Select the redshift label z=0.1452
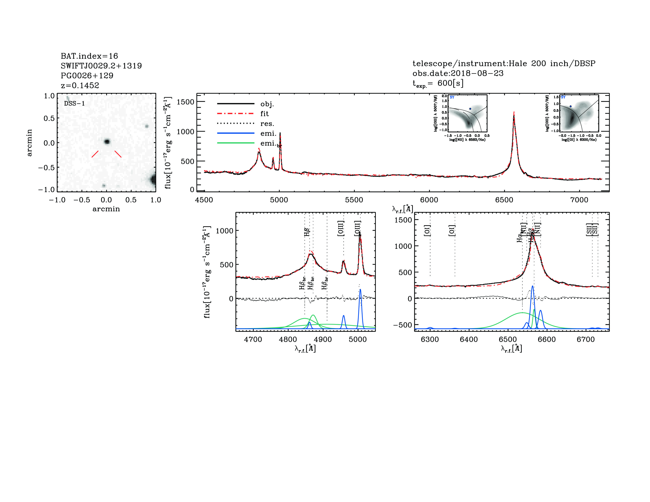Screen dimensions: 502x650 point(80,85)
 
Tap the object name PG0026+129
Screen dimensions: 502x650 point(87,76)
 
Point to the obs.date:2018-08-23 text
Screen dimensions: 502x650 point(458,73)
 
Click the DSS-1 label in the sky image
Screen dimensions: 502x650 point(74,104)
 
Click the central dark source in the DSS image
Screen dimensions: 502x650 point(107,142)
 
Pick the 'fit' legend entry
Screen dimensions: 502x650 point(264,114)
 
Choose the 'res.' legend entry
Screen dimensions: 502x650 point(267,124)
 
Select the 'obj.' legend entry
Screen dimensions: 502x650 point(267,104)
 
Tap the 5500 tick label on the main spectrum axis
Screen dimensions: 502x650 point(354,200)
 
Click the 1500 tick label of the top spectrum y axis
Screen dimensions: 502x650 point(185,102)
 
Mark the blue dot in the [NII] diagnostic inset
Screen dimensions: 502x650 point(470,109)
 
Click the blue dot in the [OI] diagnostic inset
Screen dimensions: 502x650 point(571,106)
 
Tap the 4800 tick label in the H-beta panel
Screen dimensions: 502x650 point(288,339)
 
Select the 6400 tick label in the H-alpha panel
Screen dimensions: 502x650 point(469,339)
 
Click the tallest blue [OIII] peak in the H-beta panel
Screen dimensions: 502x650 point(360,290)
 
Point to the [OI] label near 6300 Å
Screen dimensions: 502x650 point(427,231)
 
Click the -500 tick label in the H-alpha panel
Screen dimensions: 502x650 point(403,325)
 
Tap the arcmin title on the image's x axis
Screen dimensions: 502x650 point(106,209)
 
